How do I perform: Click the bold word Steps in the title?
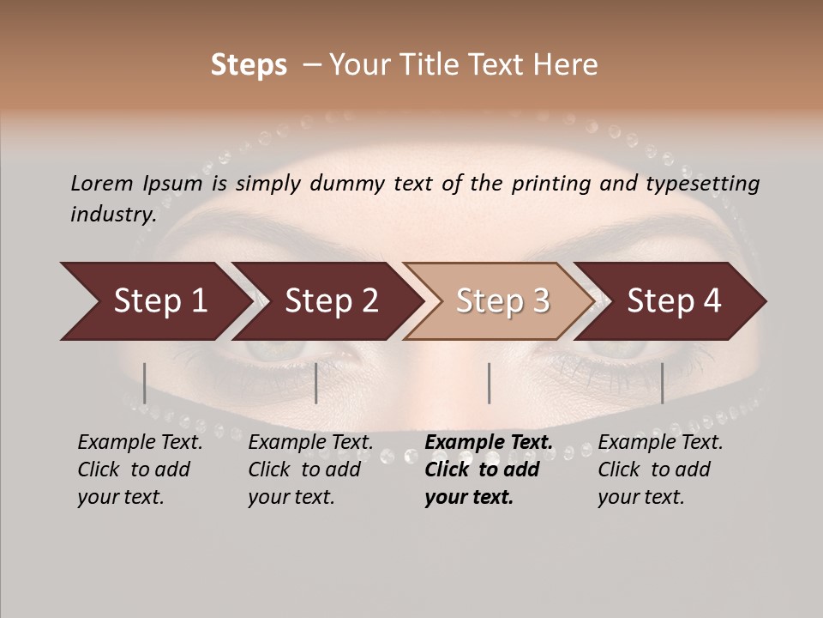(249, 65)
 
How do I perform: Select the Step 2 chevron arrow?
(327, 301)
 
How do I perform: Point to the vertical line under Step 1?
(145, 383)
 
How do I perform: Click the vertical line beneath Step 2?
(316, 383)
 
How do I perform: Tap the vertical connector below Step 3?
(489, 383)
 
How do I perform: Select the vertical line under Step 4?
(662, 383)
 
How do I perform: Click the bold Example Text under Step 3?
(489, 442)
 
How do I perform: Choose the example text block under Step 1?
(140, 470)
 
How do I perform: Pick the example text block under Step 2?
(310, 470)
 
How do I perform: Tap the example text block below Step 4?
(660, 470)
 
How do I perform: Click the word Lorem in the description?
(101, 184)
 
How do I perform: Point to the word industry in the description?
(112, 215)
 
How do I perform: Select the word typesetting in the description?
(707, 184)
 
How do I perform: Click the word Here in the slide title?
(568, 65)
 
